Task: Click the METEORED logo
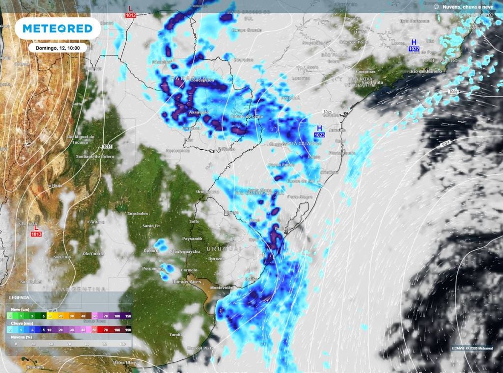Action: point(57,28)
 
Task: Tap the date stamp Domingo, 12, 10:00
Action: point(57,48)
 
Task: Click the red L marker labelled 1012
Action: point(130,12)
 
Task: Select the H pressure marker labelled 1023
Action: point(319,131)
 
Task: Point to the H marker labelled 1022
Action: point(414,45)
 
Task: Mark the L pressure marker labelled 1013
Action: point(36,231)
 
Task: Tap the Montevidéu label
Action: point(221,287)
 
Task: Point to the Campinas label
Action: point(365,72)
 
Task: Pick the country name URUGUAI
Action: point(224,249)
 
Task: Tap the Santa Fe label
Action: point(149,225)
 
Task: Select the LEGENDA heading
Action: point(19,297)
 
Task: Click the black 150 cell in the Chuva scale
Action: point(128,330)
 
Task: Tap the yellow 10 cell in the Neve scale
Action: point(50,316)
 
